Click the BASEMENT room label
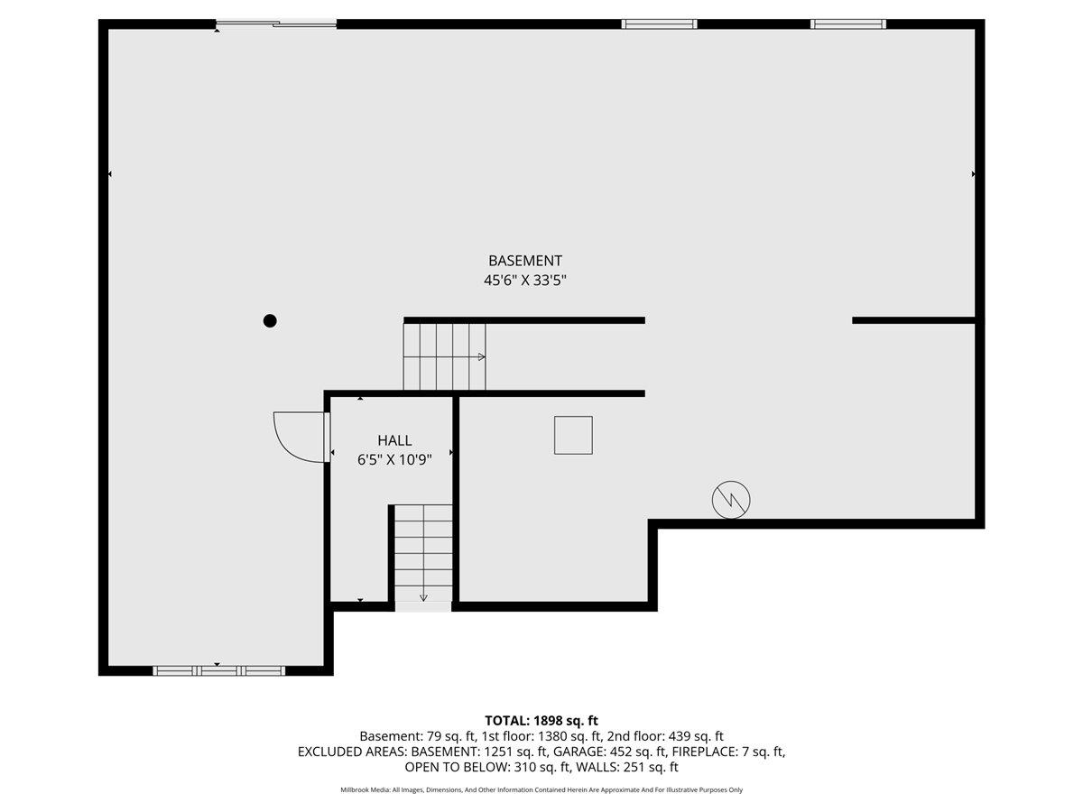pyautogui.click(x=525, y=261)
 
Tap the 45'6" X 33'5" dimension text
pyautogui.click(x=525, y=281)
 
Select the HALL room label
pyautogui.click(x=394, y=440)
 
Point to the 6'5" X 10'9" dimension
pyautogui.click(x=394, y=459)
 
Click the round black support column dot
pyautogui.click(x=270, y=320)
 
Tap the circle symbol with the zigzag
pyautogui.click(x=731, y=500)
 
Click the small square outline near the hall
pyautogui.click(x=573, y=435)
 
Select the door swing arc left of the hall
pyautogui.click(x=298, y=437)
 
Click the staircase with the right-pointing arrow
pyautogui.click(x=444, y=356)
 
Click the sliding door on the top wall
pyautogui.click(x=275, y=23)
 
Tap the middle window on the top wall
pyautogui.click(x=659, y=23)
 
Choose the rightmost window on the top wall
pyautogui.click(x=847, y=23)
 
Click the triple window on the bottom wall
pyautogui.click(x=218, y=670)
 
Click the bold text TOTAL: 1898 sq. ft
pyautogui.click(x=541, y=720)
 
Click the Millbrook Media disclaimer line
pyautogui.click(x=541, y=789)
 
